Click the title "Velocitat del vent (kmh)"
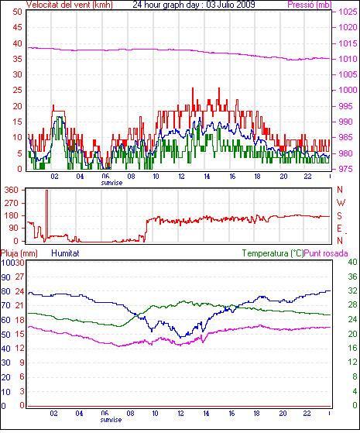[x=70, y=5]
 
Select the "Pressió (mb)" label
[x=310, y=5]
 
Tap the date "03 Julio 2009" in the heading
[x=231, y=5]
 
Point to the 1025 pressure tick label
[x=348, y=12]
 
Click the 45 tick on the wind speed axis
[x=17, y=27]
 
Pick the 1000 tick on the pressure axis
[x=348, y=90]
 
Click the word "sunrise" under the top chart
[x=111, y=183]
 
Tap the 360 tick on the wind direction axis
[x=12, y=190]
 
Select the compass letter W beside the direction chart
[x=341, y=203]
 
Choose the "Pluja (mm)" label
[x=19, y=253]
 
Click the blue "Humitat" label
[x=65, y=253]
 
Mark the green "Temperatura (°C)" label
[x=273, y=253]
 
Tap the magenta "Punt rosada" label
[x=326, y=253]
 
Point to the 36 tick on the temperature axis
[x=352, y=277]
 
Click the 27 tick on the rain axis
[x=19, y=277]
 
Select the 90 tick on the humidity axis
[x=5, y=277]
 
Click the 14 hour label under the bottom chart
[x=206, y=414]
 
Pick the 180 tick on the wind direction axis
[x=12, y=215]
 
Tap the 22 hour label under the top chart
[x=307, y=176]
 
